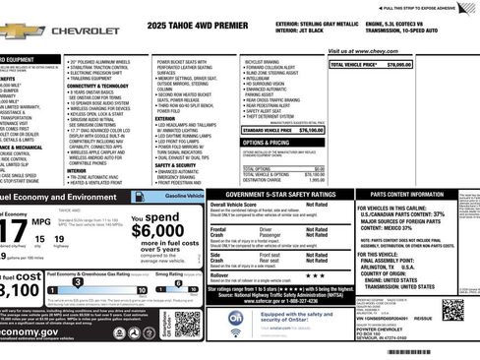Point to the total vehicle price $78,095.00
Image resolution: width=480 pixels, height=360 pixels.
pyautogui.click(x=396, y=65)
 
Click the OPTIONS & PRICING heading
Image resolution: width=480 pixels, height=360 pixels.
pyautogui.click(x=267, y=143)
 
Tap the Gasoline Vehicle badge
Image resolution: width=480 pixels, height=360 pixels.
pyautogui.click(x=184, y=196)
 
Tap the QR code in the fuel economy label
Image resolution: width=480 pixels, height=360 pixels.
pyautogui.click(x=187, y=321)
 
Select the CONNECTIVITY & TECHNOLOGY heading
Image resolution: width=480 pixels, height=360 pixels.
pyautogui.click(x=102, y=86)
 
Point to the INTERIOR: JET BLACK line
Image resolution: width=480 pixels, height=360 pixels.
pyautogui.click(x=303, y=30)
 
